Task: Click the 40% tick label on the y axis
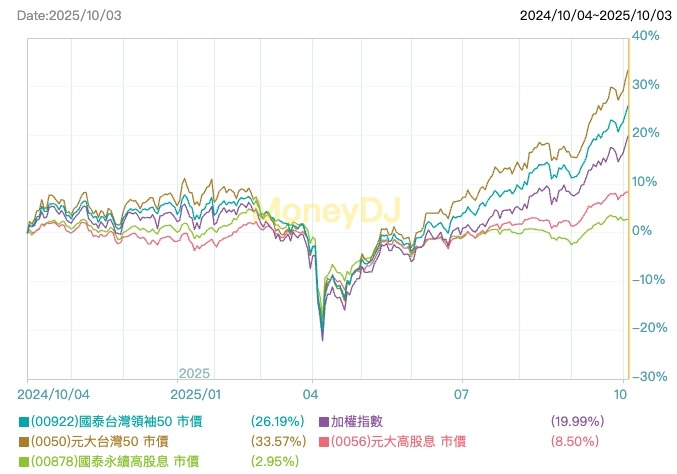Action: coord(645,36)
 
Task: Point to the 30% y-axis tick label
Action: coord(645,85)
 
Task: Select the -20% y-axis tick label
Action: coord(648,328)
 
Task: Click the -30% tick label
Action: coord(648,377)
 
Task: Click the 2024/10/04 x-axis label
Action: coord(59,394)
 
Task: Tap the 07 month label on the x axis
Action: coord(461,394)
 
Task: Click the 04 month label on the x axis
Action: coord(312,394)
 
